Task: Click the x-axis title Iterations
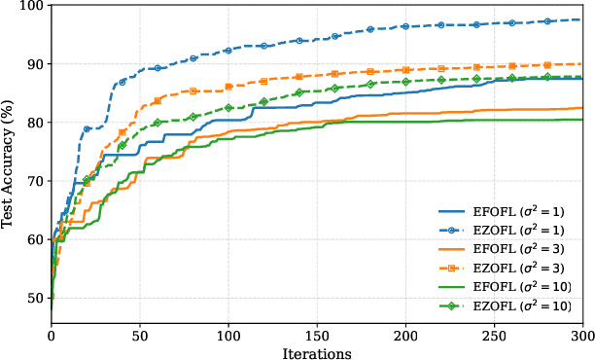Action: click(x=317, y=352)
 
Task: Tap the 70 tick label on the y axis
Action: click(x=35, y=181)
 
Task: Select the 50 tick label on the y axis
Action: click(x=35, y=298)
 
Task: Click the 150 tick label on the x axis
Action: click(x=317, y=337)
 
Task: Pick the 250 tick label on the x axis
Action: click(x=495, y=337)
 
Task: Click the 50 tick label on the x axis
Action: click(x=140, y=337)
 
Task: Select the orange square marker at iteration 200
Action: click(x=405, y=70)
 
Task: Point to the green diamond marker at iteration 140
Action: click(x=299, y=92)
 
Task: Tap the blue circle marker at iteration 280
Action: click(x=547, y=21)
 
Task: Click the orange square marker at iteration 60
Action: click(x=157, y=101)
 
